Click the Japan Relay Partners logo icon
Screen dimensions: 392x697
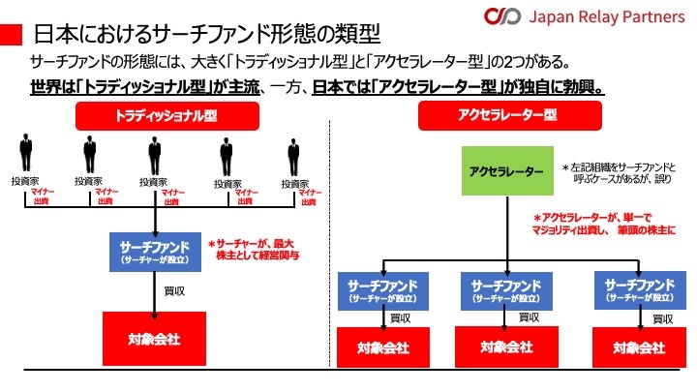pyautogui.click(x=502, y=16)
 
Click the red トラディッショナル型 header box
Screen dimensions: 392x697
pyautogui.click(x=155, y=115)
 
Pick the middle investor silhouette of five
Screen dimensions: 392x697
pyautogui.click(x=155, y=156)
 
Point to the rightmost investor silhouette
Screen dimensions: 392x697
pyautogui.click(x=294, y=156)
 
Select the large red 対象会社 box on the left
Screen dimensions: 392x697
pyautogui.click(x=155, y=338)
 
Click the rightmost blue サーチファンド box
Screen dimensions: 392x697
pyautogui.click(x=638, y=290)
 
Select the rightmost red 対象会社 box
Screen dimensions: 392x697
pyautogui.click(x=638, y=347)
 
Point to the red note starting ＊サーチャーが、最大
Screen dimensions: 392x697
pyautogui.click(x=254, y=250)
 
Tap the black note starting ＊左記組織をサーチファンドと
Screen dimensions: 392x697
pyautogui.click(x=625, y=172)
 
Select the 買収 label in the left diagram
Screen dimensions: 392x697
pyautogui.click(x=175, y=289)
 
